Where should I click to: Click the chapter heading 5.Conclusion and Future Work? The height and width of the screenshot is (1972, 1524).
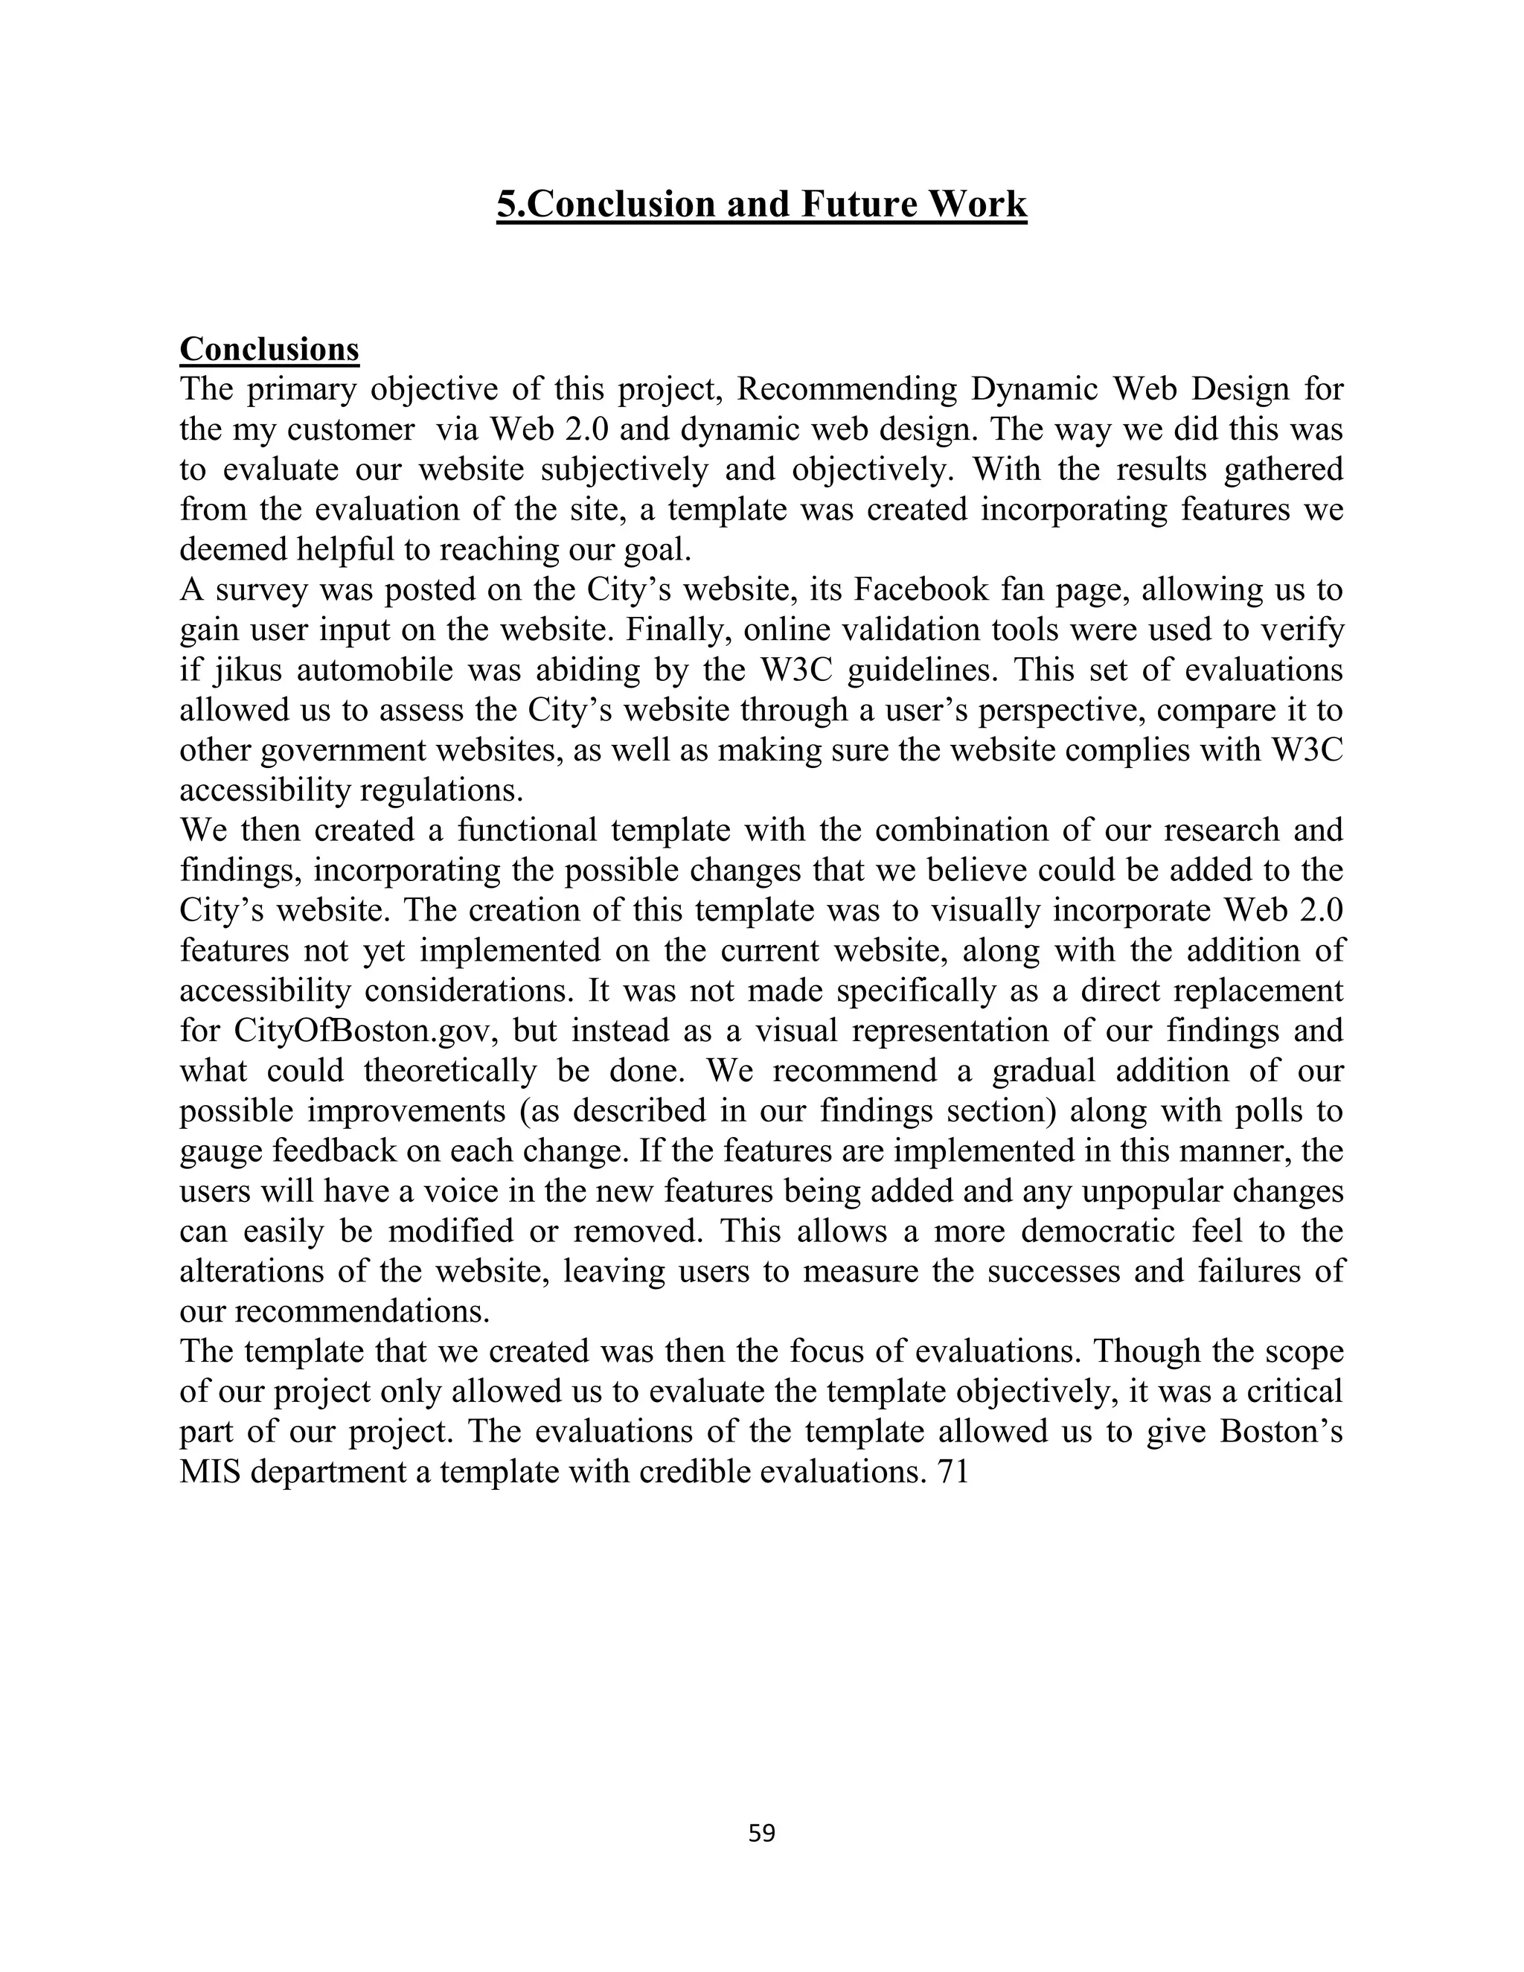pos(761,205)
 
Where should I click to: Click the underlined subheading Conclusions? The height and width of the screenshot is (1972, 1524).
pos(269,350)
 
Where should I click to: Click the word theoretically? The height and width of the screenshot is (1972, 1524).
pos(449,1071)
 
